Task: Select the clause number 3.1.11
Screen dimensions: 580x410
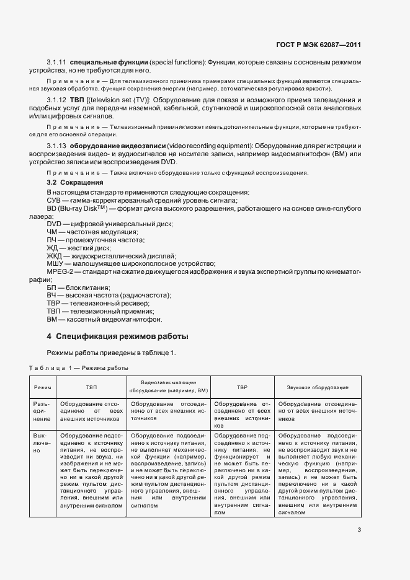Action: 57,63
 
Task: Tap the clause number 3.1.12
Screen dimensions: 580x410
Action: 57,100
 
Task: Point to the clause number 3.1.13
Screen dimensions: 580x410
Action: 57,145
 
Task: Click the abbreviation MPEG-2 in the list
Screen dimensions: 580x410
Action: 60,272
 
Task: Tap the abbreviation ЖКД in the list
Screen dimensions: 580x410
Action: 55,256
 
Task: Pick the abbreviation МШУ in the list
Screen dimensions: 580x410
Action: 55,264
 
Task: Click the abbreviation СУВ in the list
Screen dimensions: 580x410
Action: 54,200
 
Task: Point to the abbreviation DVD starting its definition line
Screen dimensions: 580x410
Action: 55,224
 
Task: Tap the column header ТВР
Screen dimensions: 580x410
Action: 242,387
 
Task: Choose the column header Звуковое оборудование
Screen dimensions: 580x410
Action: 317,387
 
